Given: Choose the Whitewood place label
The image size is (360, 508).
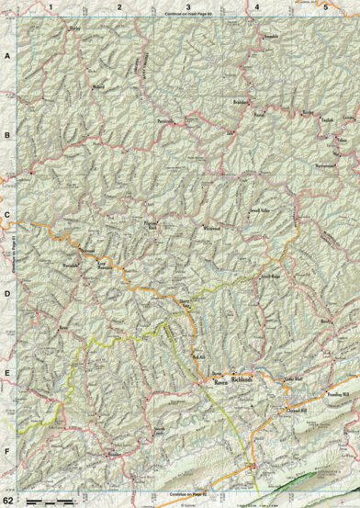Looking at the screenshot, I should [x=212, y=229].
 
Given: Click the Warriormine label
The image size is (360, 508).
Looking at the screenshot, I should [x=327, y=166].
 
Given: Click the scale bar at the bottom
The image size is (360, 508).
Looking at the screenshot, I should [x=51, y=501].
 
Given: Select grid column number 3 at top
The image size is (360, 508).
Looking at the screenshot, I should [x=187, y=6].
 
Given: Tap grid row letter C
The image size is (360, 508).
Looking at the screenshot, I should [x=6, y=220].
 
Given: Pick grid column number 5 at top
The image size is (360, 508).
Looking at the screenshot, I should [x=325, y=6].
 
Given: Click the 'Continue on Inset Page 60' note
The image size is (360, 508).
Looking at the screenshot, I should [x=187, y=17].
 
